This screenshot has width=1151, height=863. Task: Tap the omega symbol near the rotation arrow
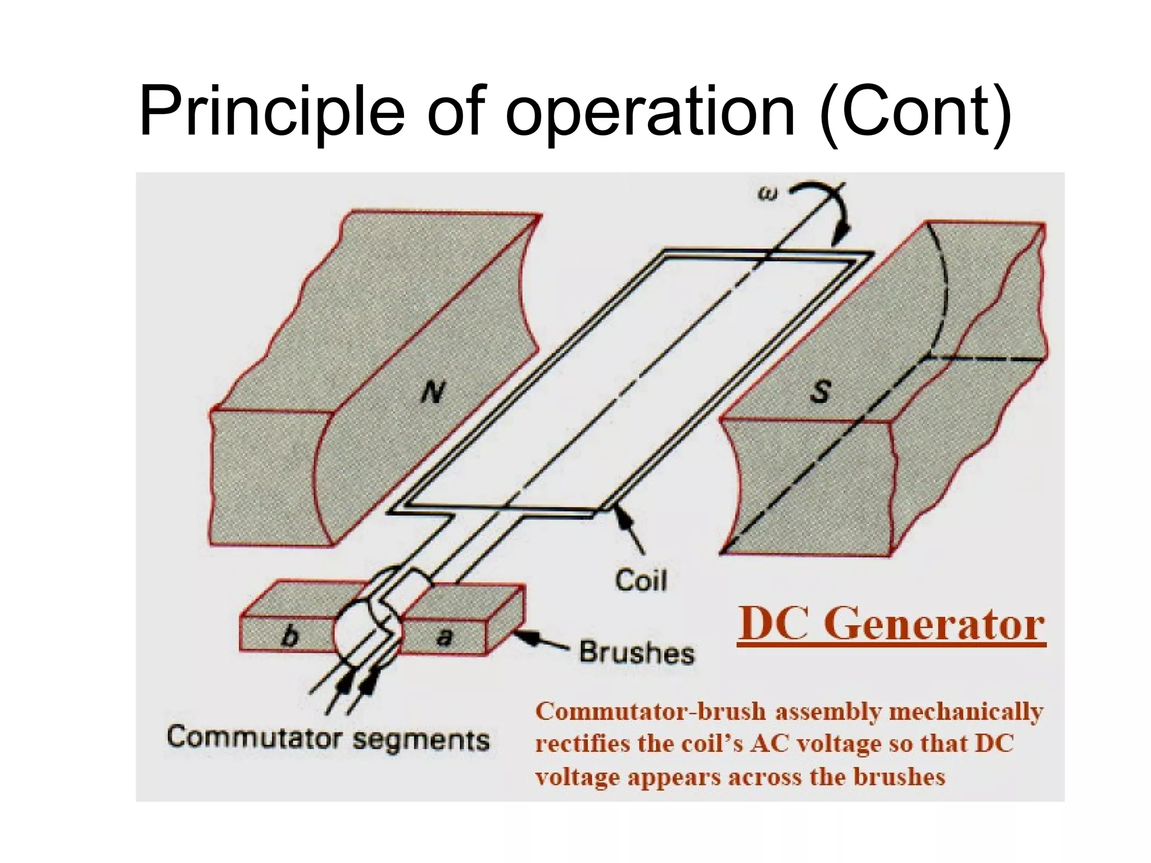[x=768, y=194]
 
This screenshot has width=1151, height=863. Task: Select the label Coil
[x=641, y=580]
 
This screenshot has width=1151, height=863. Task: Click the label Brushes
[x=637, y=652]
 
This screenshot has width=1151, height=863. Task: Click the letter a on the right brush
[x=444, y=637]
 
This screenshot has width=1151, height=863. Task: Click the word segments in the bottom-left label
[x=421, y=740]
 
